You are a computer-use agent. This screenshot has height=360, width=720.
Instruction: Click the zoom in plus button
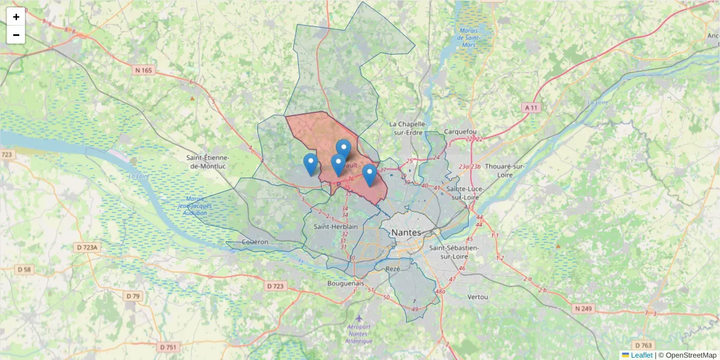(x=16, y=17)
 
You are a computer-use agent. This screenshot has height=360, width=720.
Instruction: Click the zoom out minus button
(x=16, y=35)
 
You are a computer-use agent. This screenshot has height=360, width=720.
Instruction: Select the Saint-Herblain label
(x=336, y=227)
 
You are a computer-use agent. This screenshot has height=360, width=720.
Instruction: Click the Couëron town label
(x=256, y=242)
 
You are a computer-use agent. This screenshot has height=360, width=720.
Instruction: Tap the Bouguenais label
(x=346, y=283)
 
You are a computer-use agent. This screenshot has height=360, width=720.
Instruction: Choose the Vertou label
(x=478, y=297)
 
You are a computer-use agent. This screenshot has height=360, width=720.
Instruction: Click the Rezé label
(x=393, y=269)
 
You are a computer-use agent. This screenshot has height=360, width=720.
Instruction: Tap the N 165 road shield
(x=144, y=70)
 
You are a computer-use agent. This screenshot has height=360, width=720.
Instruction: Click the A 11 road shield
(x=532, y=107)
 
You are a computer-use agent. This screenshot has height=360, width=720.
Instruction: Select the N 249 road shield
(x=583, y=308)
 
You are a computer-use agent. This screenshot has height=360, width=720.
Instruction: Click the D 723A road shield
(x=89, y=247)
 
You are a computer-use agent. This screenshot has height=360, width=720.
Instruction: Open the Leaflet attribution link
(x=641, y=355)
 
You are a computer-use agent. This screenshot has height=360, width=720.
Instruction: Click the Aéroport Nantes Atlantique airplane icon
(x=359, y=318)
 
